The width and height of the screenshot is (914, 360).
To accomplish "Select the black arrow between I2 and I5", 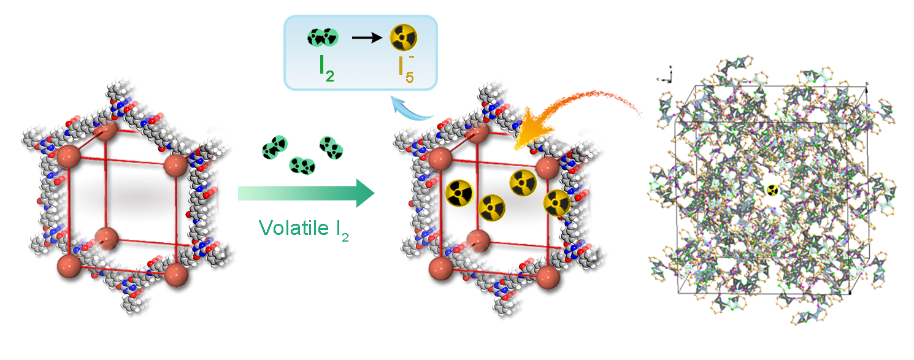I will (367, 38).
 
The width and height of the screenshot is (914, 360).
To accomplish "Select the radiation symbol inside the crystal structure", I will (773, 190).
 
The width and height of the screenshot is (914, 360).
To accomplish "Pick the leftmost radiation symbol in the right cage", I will (459, 193).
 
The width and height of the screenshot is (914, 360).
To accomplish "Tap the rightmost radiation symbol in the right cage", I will (557, 202).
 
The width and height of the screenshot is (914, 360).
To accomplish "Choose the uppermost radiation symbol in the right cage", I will (523, 182).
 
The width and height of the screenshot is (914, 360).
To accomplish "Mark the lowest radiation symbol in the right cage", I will (491, 208).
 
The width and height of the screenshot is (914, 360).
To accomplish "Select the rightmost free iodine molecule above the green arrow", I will (330, 147).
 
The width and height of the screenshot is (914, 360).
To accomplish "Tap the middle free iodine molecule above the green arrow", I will (301, 164).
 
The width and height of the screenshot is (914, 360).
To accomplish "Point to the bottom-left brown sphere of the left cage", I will (69, 267).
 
